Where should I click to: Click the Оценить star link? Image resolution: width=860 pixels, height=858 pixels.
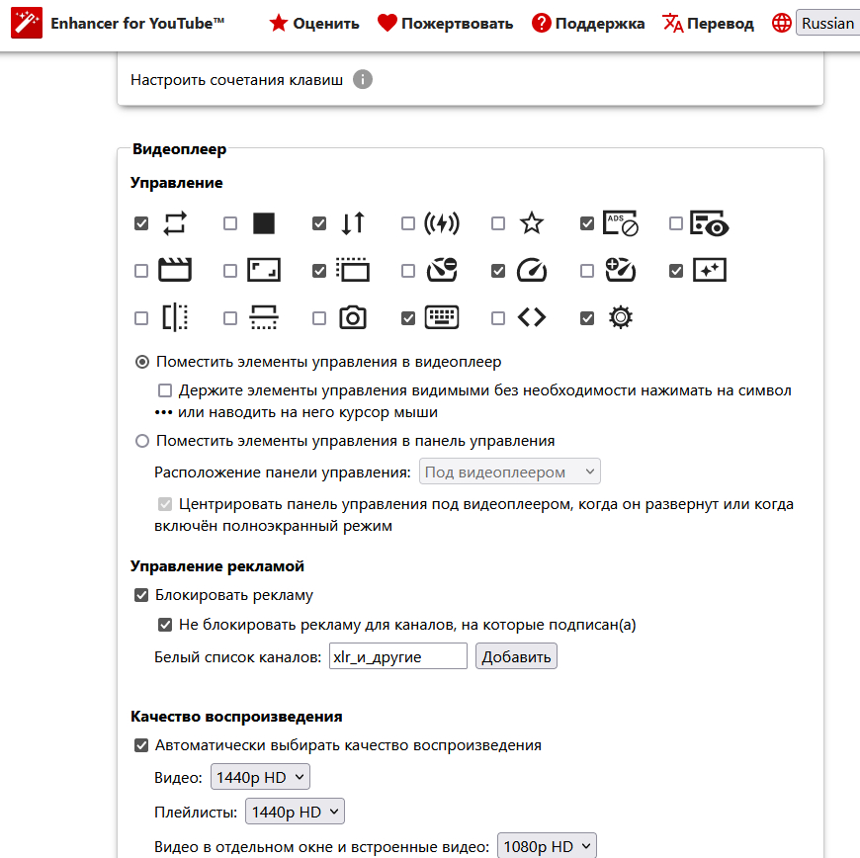[314, 23]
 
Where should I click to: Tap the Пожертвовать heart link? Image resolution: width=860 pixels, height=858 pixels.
[446, 23]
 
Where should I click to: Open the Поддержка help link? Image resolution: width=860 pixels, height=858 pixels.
[588, 23]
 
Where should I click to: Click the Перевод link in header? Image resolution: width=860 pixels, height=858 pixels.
[708, 23]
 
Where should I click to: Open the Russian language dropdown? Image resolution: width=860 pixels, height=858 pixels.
[826, 23]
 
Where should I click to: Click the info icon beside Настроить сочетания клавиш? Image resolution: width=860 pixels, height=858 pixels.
[363, 79]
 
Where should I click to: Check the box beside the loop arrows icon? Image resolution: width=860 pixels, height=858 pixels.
[141, 223]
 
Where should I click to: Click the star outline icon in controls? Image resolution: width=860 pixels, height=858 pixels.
[532, 223]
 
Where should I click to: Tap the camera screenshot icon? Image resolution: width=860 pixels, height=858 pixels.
[353, 317]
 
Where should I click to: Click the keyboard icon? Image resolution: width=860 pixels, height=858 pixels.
[442, 317]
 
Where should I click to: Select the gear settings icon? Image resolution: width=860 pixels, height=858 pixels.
[621, 317]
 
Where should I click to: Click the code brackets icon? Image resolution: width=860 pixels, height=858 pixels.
[532, 317]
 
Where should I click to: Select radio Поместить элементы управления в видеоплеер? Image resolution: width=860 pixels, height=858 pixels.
[142, 362]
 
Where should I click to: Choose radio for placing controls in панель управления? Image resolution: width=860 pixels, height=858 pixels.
[142, 441]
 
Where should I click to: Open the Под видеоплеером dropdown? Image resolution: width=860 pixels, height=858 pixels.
[510, 472]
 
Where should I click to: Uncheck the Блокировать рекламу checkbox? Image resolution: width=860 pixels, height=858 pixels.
[141, 595]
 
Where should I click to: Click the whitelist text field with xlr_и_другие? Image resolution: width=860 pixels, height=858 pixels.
[398, 656]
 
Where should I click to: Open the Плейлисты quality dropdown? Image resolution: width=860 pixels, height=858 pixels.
[295, 813]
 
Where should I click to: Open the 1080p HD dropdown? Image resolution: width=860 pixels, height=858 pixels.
[547, 847]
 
